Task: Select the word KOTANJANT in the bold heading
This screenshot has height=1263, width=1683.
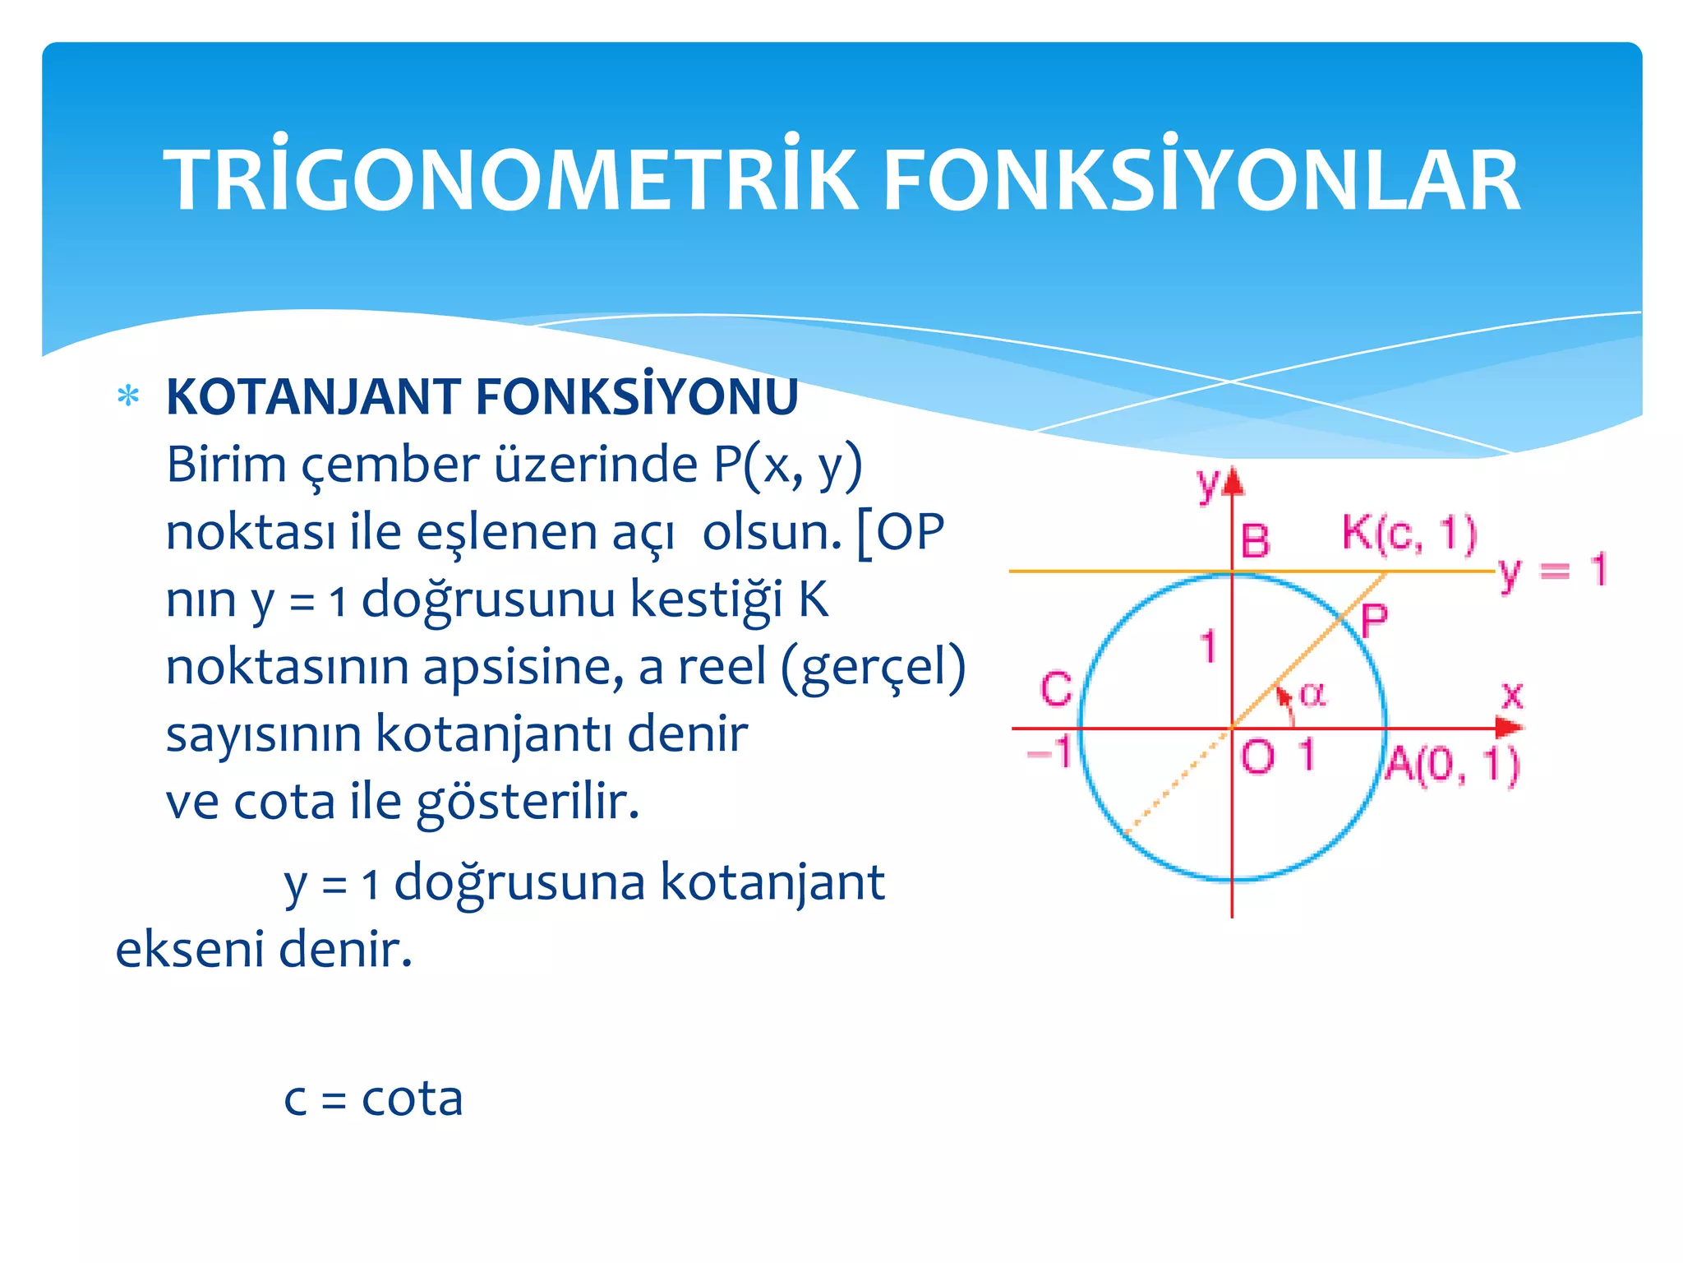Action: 313,397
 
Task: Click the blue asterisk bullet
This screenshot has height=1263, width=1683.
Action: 128,396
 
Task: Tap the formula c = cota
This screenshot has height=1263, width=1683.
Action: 374,1099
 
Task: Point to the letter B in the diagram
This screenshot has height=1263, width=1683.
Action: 1255,541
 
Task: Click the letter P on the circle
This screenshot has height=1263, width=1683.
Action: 1374,621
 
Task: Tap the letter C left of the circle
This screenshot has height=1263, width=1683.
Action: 1056,689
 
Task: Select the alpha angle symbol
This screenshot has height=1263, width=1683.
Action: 1312,695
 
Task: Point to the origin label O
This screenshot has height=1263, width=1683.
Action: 1257,756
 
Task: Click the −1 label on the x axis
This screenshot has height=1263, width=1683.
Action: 1050,751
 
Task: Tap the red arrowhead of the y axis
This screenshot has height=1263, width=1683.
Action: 1232,483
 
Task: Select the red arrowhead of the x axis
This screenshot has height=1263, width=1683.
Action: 1509,728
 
